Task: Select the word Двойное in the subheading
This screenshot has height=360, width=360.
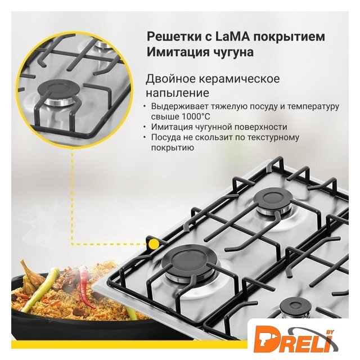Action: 170,79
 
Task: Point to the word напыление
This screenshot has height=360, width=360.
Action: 178,93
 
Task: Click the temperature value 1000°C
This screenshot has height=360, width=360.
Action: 196,116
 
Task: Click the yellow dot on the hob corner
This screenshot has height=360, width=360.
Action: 154,244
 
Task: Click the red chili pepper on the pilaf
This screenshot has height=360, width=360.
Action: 85,285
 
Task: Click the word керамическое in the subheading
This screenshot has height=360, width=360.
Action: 239,79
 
